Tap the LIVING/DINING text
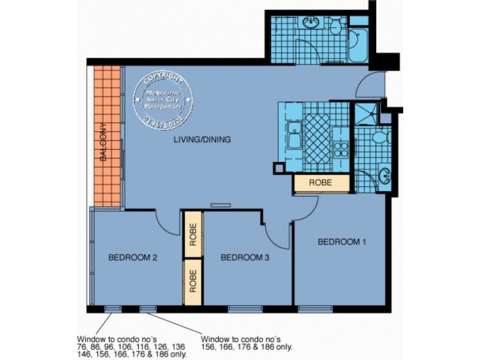coord(202,140)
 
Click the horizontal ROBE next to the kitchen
coord(321,184)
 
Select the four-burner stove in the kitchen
coord(341,148)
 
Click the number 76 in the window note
coord(82,347)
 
